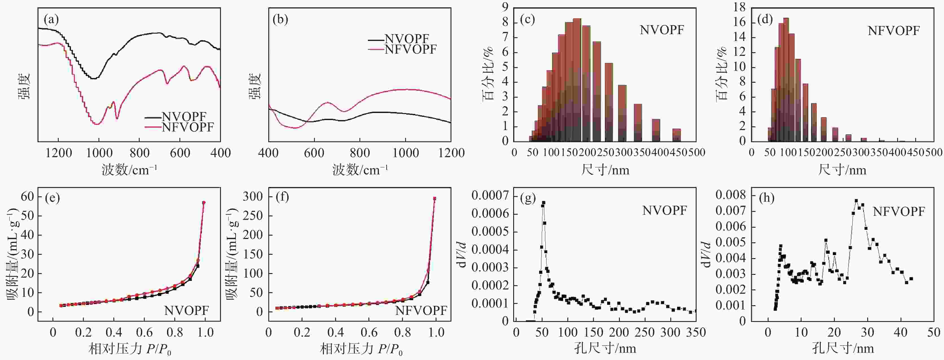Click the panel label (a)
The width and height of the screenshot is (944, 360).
[51, 19]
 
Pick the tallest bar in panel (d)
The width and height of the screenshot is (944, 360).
[786, 79]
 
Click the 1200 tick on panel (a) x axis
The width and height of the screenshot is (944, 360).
[58, 153]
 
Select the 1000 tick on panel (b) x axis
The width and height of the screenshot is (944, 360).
[405, 153]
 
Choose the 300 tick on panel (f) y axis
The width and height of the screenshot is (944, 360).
[253, 197]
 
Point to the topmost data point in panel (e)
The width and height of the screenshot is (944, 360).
[204, 202]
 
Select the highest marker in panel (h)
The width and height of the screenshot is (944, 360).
[856, 201]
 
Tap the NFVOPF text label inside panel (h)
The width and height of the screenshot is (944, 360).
[899, 212]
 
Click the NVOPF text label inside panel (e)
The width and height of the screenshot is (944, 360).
[186, 311]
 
